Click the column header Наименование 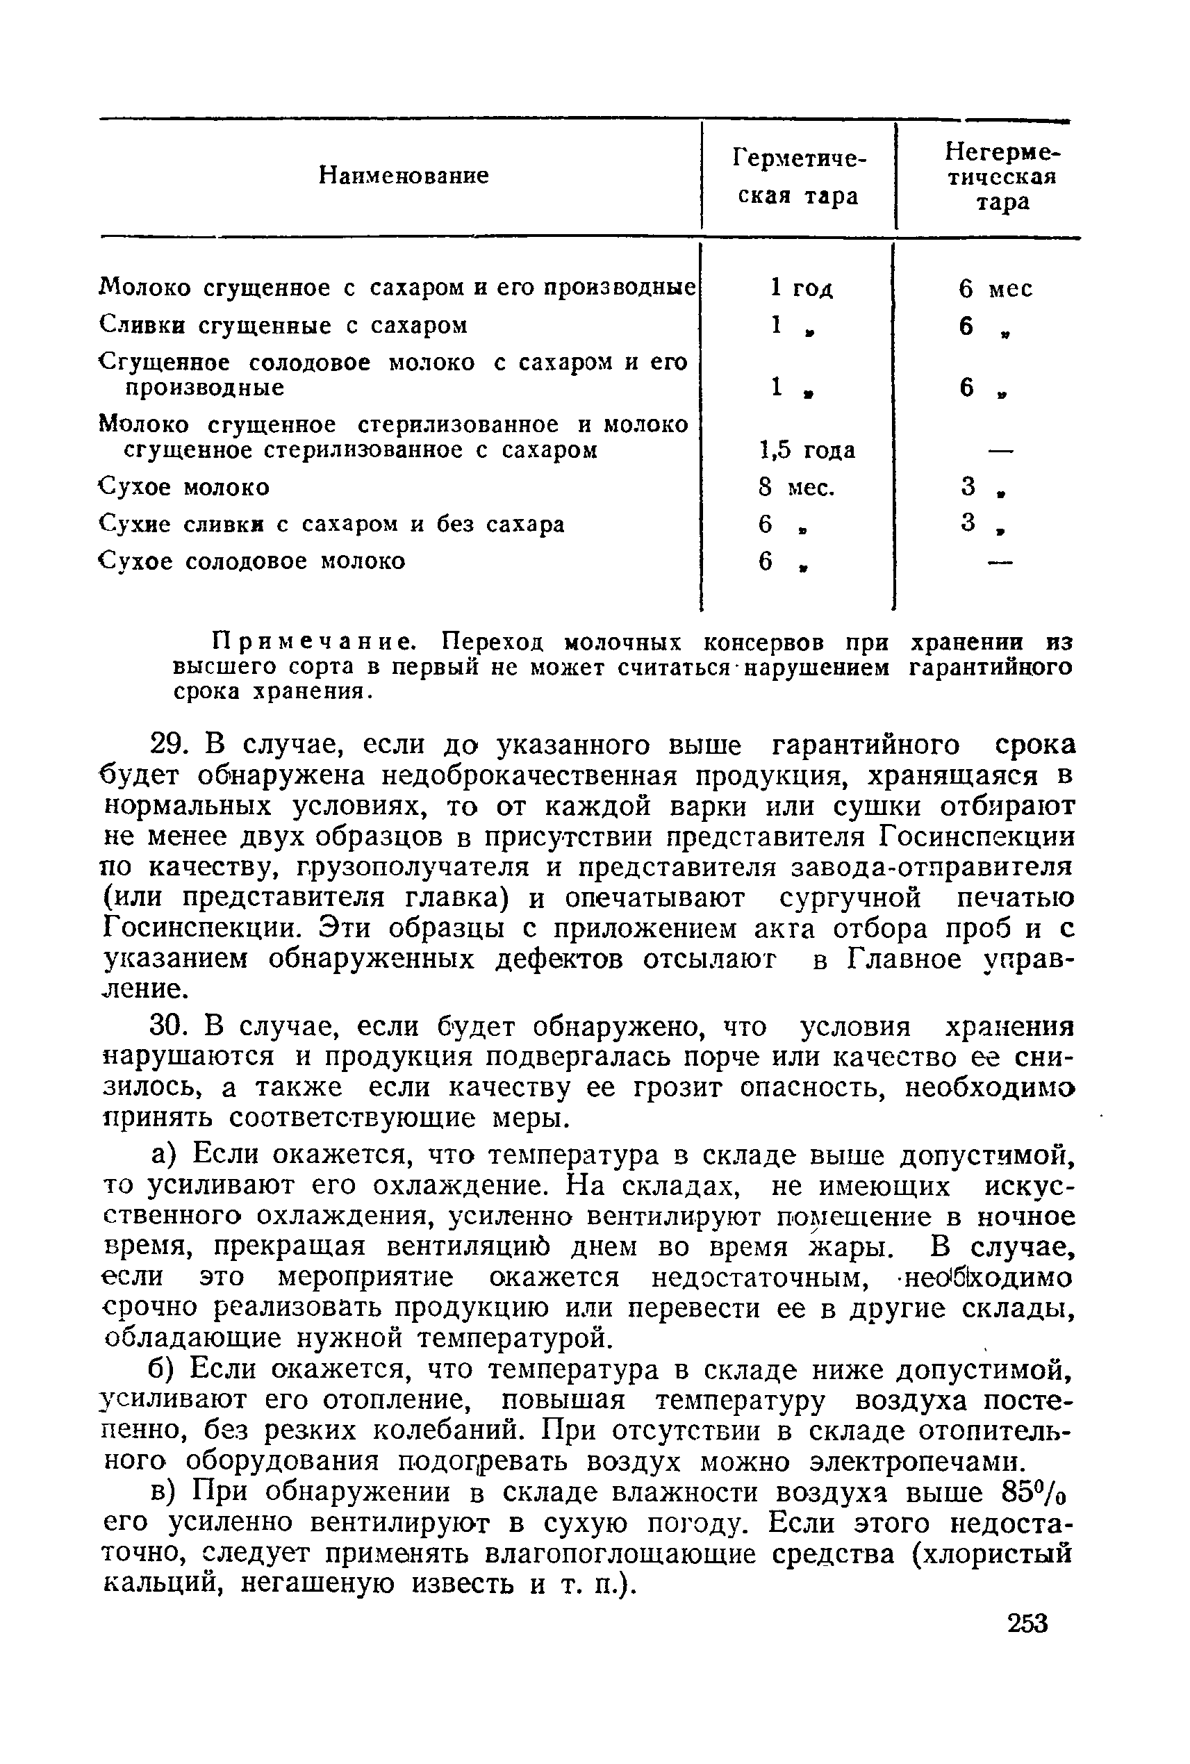pyautogui.click(x=403, y=176)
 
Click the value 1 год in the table pyautogui.click(x=801, y=288)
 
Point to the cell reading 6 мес pyautogui.click(x=994, y=289)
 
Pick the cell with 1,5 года pyautogui.click(x=807, y=450)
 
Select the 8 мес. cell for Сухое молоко pyautogui.click(x=796, y=487)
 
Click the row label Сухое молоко pyautogui.click(x=184, y=487)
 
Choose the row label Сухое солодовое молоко pyautogui.click(x=253, y=561)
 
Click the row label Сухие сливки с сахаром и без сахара pyautogui.click(x=331, y=525)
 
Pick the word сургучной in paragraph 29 pyautogui.click(x=850, y=898)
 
